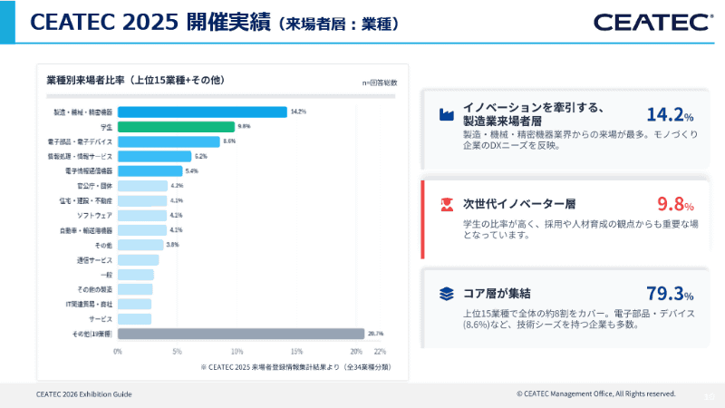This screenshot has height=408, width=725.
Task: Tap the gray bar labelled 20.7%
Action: tap(240, 334)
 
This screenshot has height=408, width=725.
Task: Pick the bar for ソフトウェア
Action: tap(142, 215)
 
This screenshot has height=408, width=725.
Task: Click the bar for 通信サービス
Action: tap(138, 259)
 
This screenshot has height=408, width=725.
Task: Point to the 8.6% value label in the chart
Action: tap(229, 141)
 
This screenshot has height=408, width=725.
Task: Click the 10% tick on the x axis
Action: tap(237, 351)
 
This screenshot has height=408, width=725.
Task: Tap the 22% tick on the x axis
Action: tap(380, 351)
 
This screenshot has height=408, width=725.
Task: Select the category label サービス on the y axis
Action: tap(101, 319)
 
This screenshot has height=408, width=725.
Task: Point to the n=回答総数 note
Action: tap(380, 83)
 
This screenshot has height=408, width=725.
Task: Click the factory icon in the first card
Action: tap(446, 114)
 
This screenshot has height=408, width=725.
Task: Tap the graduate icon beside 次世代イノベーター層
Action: tap(446, 204)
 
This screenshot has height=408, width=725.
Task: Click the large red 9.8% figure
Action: tap(675, 204)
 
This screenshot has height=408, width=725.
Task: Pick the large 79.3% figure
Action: tap(670, 293)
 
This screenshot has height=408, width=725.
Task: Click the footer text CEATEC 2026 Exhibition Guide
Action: tap(84, 394)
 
